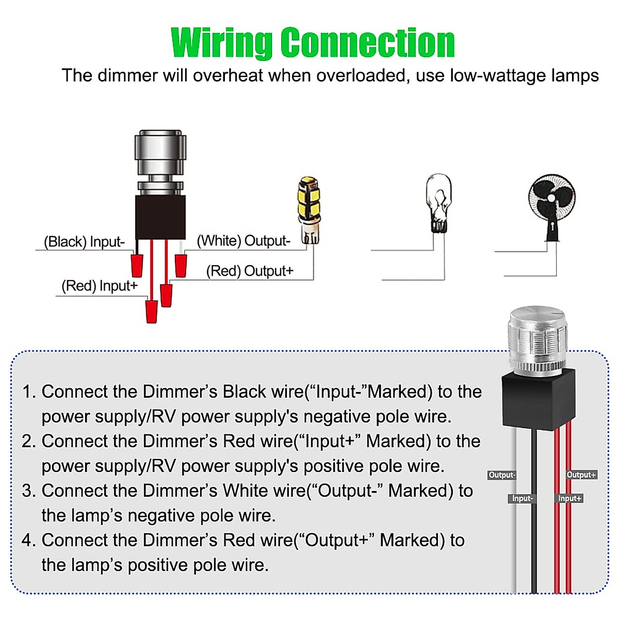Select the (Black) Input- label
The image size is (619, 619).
[x=84, y=242]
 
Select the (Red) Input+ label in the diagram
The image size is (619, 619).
[x=100, y=286]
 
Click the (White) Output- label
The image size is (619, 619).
[x=243, y=241]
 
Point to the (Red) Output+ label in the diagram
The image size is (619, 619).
[x=250, y=271]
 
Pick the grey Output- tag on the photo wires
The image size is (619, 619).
[x=501, y=475]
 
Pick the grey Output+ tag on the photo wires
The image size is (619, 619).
[x=581, y=475]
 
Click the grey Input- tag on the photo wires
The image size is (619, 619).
[x=522, y=499]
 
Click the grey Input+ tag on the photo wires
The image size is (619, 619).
[x=569, y=499]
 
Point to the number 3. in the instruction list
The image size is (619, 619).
[x=28, y=491]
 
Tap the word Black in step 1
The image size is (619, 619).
[x=245, y=392]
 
